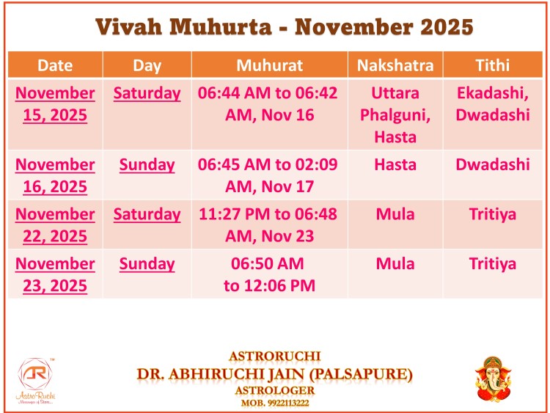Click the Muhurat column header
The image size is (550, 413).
coord(269,65)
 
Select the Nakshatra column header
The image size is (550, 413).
coord(395,65)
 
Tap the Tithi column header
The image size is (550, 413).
coord(493,65)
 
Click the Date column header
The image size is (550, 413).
coord(55,65)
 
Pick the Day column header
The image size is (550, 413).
coord(147,65)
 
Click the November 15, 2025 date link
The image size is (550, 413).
coord(55,104)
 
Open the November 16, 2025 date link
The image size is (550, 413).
coord(55,175)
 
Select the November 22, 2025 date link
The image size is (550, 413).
coord(55,225)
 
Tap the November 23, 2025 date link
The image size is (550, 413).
coord(55,274)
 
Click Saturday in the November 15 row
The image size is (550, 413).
coord(147,94)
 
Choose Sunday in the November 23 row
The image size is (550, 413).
coord(147,264)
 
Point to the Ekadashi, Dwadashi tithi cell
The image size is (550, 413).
coord(493,104)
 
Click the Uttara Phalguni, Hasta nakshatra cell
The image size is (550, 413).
coord(395,114)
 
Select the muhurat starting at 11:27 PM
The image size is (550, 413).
coord(268,225)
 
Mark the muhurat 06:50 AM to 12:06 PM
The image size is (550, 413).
coord(268,274)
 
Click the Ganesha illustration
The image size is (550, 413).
coord(493,379)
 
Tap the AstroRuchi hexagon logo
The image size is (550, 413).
coord(35,373)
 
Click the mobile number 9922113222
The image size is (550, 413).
coord(288,403)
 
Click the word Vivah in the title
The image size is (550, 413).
coord(129,27)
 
